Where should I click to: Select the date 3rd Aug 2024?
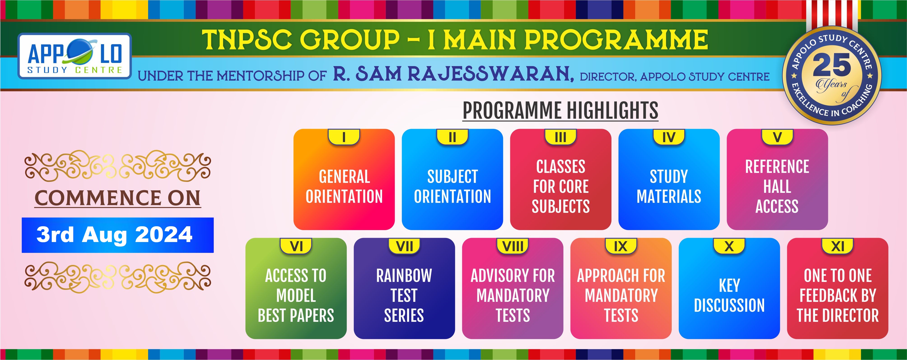click(114, 235)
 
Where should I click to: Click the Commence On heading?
click(118, 198)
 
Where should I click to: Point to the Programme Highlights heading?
click(560, 111)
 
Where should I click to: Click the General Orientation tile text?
click(344, 187)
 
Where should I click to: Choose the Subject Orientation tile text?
click(452, 187)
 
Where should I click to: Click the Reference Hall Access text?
click(777, 187)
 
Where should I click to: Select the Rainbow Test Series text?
click(404, 295)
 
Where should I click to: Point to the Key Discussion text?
click(729, 295)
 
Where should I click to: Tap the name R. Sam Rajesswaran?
click(453, 74)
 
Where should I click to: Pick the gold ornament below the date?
click(118, 277)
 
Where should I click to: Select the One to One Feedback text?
click(838, 295)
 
